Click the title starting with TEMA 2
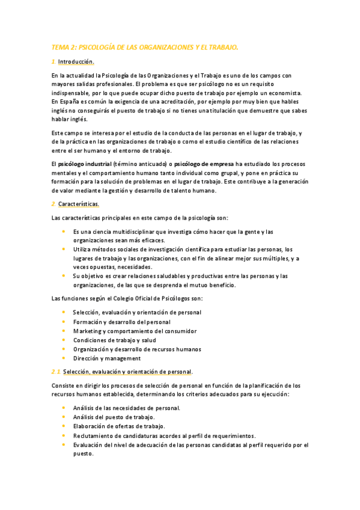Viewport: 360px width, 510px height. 145,46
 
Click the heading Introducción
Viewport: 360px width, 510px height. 76,62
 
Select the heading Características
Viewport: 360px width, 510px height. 83,205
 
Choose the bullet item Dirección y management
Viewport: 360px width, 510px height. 107,358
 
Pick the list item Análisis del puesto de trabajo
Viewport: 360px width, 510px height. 114,417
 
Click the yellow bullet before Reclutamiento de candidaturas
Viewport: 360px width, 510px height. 64,435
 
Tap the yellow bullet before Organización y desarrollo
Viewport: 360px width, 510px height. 64,349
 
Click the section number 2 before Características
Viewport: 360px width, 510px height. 53,205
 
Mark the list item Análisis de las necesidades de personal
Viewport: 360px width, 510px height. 126,408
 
